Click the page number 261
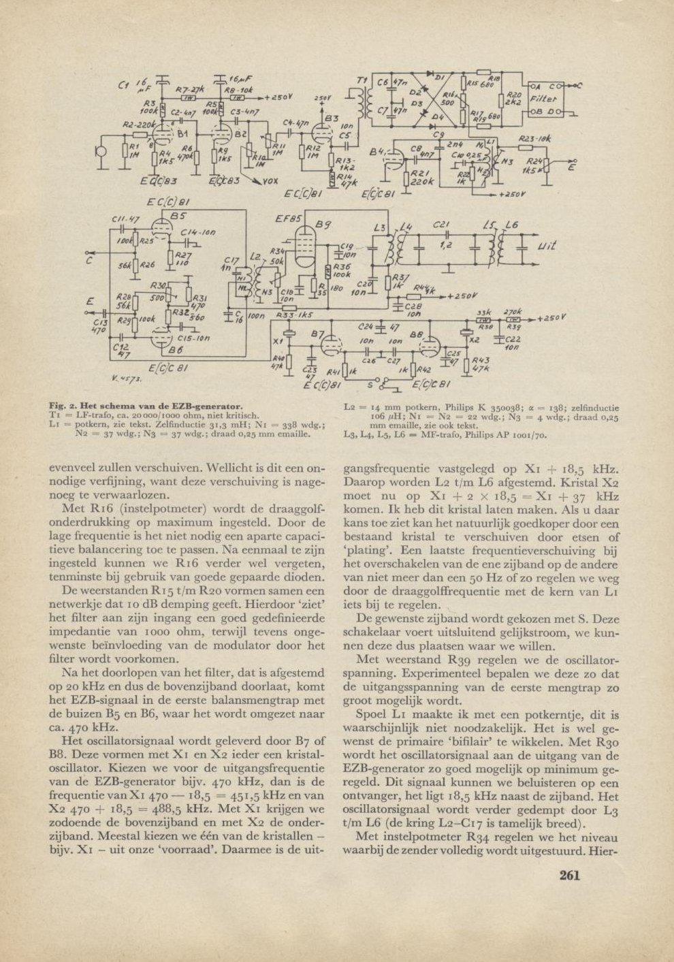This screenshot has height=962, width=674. click(569, 875)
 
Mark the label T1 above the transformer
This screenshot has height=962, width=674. click(361, 81)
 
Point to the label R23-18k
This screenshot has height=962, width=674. click(534, 139)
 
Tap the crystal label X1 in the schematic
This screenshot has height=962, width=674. click(276, 340)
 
